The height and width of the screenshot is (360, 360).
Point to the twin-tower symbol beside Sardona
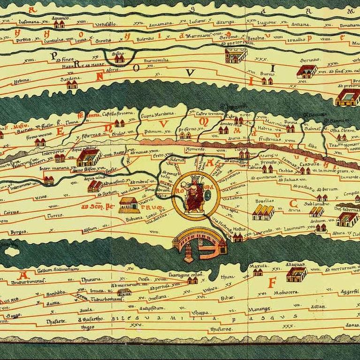coord(72,85)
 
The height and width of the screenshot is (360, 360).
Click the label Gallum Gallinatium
coord(52,268)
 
